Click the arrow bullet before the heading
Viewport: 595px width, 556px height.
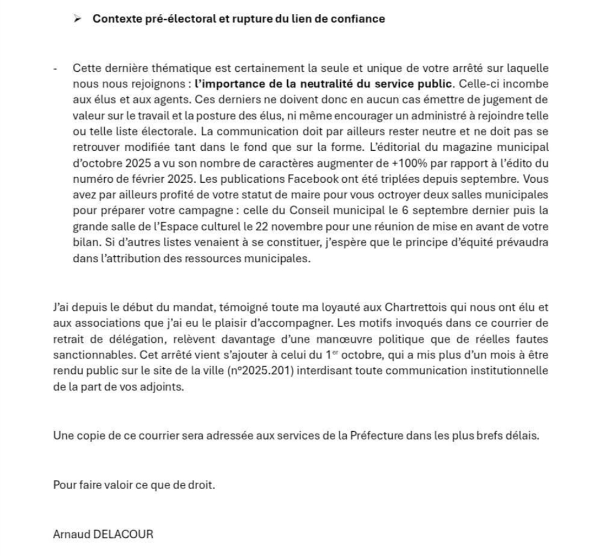point(77,19)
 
